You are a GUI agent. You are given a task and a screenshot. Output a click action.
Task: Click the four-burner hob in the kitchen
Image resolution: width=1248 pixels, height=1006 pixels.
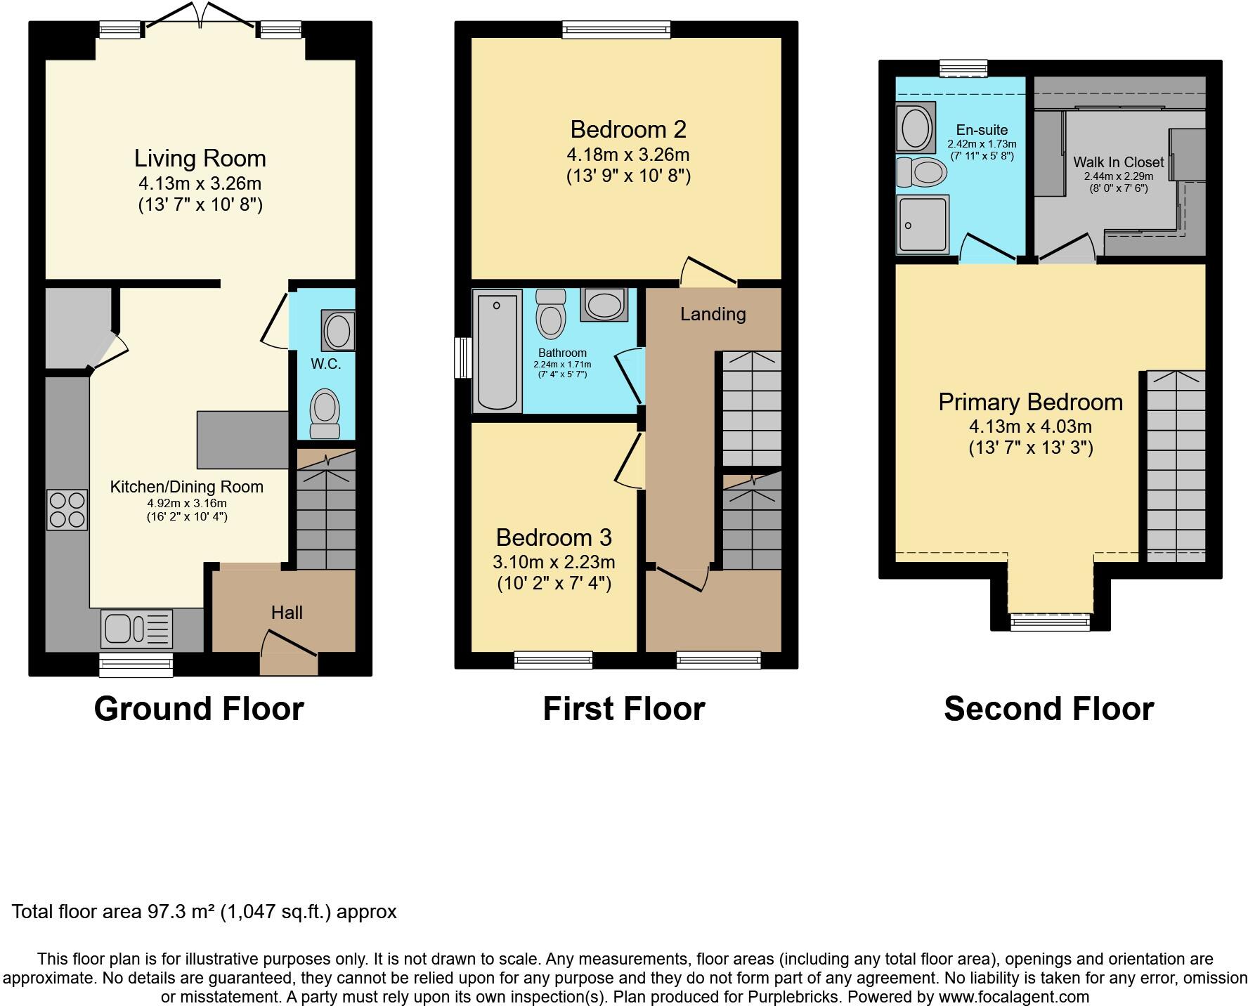[x=67, y=510]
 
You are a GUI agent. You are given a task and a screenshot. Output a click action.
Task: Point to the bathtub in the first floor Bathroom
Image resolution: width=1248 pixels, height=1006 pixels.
[x=498, y=351]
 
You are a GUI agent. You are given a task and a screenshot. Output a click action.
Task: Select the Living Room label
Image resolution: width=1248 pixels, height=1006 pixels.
[x=200, y=158]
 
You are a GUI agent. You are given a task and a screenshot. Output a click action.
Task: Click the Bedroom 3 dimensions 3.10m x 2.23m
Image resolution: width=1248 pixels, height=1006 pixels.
[x=554, y=562]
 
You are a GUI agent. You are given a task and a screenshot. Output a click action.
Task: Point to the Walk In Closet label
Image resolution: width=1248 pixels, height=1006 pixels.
[x=1118, y=162]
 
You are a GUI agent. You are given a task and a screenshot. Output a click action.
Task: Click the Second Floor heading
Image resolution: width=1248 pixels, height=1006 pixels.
[x=1048, y=708]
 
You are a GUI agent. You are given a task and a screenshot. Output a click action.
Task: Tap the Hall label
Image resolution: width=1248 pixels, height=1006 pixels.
[x=287, y=613]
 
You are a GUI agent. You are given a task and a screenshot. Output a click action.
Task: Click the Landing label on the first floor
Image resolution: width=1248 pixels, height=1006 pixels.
[x=713, y=314]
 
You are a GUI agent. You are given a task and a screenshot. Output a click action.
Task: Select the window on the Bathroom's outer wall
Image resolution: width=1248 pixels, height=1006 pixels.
[x=462, y=358]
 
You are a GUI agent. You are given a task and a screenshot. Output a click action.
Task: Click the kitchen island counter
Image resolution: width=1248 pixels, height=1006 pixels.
[x=242, y=440]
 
